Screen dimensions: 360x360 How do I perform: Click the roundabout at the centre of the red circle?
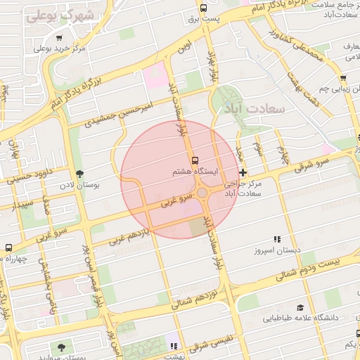202,192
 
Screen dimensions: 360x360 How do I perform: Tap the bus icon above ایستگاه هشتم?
195,160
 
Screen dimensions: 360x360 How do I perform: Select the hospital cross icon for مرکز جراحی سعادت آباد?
243,172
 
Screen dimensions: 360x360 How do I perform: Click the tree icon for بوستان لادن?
79,173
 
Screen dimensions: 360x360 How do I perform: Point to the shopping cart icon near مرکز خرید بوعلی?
60,39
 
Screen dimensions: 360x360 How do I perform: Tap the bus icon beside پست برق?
203,8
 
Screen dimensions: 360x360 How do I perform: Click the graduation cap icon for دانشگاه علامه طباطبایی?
301,308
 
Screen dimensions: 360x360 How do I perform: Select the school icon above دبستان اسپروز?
277,239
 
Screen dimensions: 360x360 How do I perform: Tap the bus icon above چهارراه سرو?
8,247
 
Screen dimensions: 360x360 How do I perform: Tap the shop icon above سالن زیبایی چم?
342,78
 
